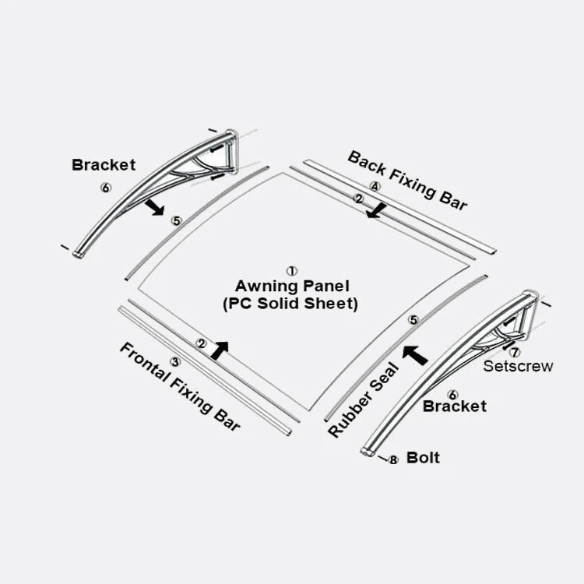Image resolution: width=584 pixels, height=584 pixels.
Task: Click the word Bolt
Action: (423, 457)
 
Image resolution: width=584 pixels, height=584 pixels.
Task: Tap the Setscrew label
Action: (518, 366)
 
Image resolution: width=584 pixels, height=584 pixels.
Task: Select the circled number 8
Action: (393, 460)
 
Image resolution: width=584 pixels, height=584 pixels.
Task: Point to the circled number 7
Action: (515, 352)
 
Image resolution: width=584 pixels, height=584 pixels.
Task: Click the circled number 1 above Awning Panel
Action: (292, 271)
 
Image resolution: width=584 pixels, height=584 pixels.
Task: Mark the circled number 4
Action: (375, 187)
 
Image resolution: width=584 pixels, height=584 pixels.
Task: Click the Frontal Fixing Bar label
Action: (180, 386)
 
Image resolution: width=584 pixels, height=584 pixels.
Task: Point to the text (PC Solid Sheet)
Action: (290, 304)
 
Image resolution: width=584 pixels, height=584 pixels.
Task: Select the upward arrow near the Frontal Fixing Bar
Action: (220, 350)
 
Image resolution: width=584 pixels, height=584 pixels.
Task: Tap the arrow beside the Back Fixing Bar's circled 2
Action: (378, 209)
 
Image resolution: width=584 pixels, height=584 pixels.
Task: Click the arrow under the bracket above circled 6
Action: (156, 207)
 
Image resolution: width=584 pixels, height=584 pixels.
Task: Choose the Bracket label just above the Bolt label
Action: (454, 406)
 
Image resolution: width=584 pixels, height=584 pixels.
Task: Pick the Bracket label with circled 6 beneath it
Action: (104, 165)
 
